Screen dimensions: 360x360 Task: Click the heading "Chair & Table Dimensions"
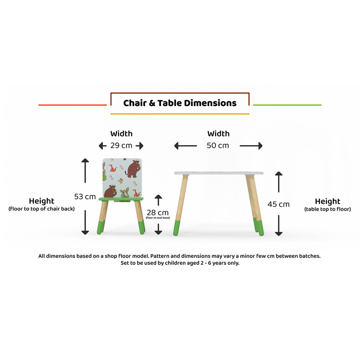coord(180,103)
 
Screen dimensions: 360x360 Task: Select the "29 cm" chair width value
coord(121,146)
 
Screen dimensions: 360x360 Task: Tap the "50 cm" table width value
coord(218,146)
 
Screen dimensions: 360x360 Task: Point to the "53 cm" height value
coord(85,197)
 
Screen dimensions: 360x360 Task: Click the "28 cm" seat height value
coord(158,213)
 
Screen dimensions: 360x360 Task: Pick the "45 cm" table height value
coord(279,204)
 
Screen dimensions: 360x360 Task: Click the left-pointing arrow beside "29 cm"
coord(102,146)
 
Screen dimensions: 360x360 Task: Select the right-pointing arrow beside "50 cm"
coord(251,146)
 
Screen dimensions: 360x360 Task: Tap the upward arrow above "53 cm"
coord(85,170)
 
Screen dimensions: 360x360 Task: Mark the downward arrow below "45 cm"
coord(279,225)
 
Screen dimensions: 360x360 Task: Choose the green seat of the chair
coord(121,199)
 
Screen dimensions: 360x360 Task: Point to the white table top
coord(219,173)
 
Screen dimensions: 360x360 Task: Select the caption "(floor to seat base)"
coord(158,218)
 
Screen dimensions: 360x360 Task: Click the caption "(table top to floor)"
coord(327,209)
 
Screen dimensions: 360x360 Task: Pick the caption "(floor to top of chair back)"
coord(42,209)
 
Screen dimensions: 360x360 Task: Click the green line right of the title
coord(287,105)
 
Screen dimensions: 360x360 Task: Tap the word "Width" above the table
coord(218,134)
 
